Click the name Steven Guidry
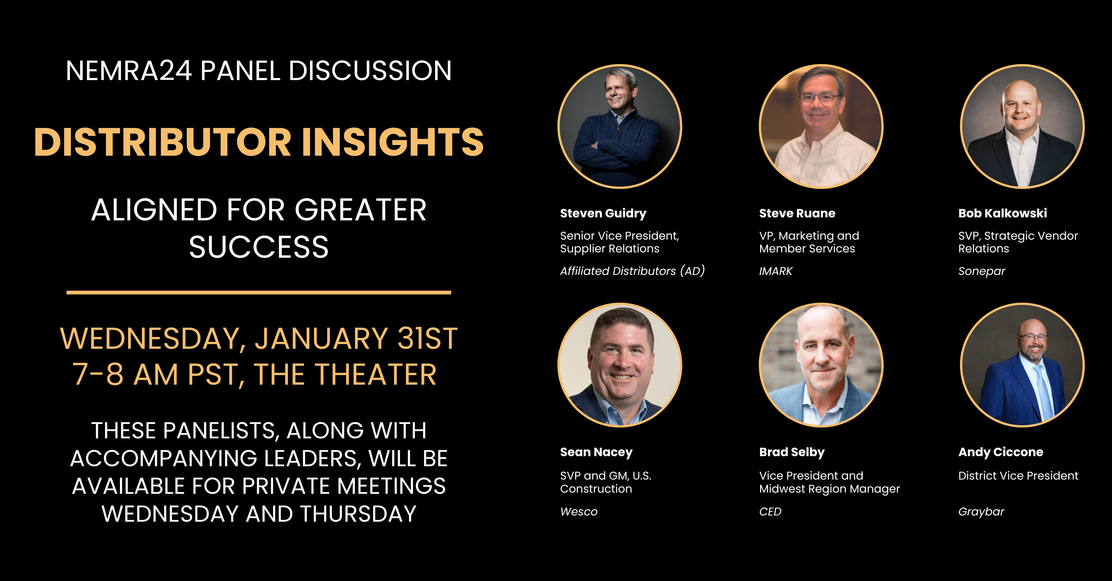[603, 214]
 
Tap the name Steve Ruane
[797, 213]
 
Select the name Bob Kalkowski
[1002, 213]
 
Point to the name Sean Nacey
[596, 452]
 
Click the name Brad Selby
[792, 452]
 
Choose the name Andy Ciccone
[1001, 452]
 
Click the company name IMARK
[776, 271]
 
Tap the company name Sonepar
[982, 271]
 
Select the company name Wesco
[579, 512]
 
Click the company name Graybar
[981, 512]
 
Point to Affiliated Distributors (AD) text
[633, 271]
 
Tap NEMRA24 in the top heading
[129, 71]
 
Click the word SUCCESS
[259, 247]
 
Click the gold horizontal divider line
[259, 293]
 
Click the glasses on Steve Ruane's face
[819, 98]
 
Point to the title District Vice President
[1018, 476]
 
